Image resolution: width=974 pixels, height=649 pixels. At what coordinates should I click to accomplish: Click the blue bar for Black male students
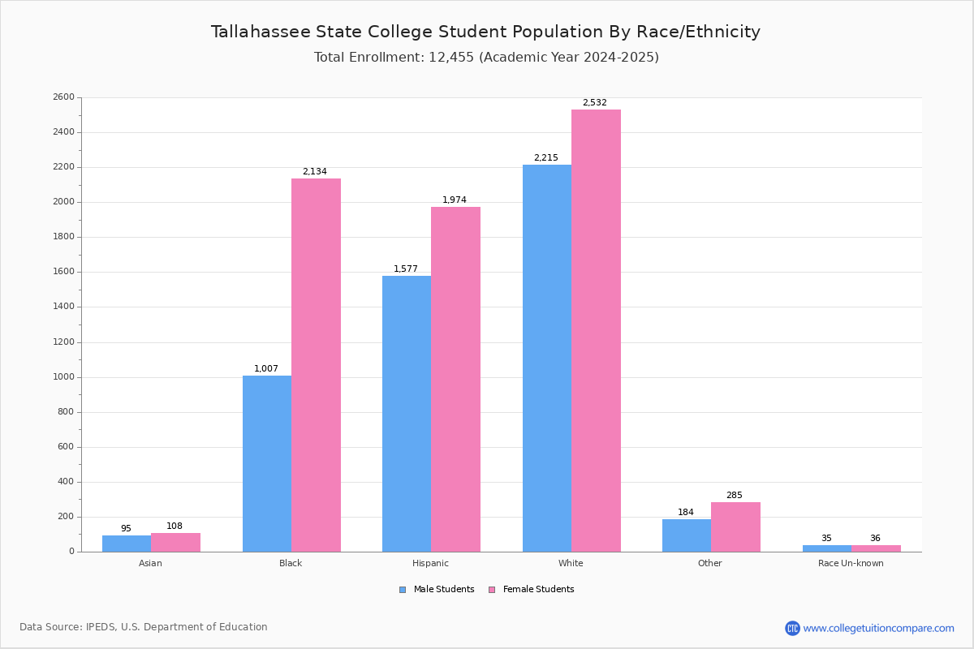pos(267,463)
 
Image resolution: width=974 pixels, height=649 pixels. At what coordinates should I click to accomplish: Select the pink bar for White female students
pos(596,330)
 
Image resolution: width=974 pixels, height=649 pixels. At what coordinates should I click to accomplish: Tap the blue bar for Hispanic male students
pos(407,414)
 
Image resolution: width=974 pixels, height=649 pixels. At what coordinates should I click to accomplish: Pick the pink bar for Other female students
pos(735,527)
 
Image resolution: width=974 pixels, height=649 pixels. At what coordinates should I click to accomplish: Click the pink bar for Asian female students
pos(175,542)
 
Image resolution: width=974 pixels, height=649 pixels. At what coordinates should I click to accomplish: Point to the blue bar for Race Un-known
pos(827,548)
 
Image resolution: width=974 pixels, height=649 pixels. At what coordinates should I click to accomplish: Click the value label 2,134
pos(315,172)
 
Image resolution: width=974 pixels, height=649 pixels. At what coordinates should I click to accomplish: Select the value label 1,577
pos(406,269)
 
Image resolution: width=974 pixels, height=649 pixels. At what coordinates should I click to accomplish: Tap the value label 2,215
pos(545,158)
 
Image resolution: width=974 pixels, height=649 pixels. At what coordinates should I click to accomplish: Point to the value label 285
pos(735,496)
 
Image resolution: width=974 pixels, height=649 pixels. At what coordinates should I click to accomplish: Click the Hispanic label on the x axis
pos(430,563)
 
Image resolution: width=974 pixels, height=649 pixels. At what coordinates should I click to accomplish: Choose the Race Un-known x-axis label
pos(851,563)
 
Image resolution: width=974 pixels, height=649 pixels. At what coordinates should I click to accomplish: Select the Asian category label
pos(150,563)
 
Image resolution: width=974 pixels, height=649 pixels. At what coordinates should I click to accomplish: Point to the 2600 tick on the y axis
pos(63,97)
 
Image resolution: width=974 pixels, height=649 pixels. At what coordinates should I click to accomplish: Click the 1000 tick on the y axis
pos(63,377)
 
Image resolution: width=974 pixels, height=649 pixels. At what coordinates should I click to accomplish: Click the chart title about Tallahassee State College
pos(485,32)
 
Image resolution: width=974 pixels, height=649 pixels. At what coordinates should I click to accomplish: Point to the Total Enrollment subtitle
pos(486,58)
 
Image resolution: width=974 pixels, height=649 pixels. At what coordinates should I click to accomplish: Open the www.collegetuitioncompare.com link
pos(878,628)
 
